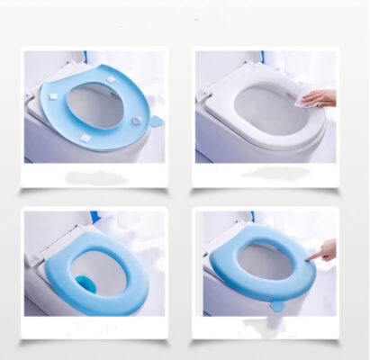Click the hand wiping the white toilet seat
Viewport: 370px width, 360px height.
[322, 95]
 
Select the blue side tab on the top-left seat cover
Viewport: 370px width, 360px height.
[155, 120]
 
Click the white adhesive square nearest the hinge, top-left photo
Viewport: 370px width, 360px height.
[111, 79]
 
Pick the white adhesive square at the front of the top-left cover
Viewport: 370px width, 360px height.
[86, 137]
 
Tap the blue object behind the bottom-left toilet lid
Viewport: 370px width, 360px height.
[93, 217]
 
